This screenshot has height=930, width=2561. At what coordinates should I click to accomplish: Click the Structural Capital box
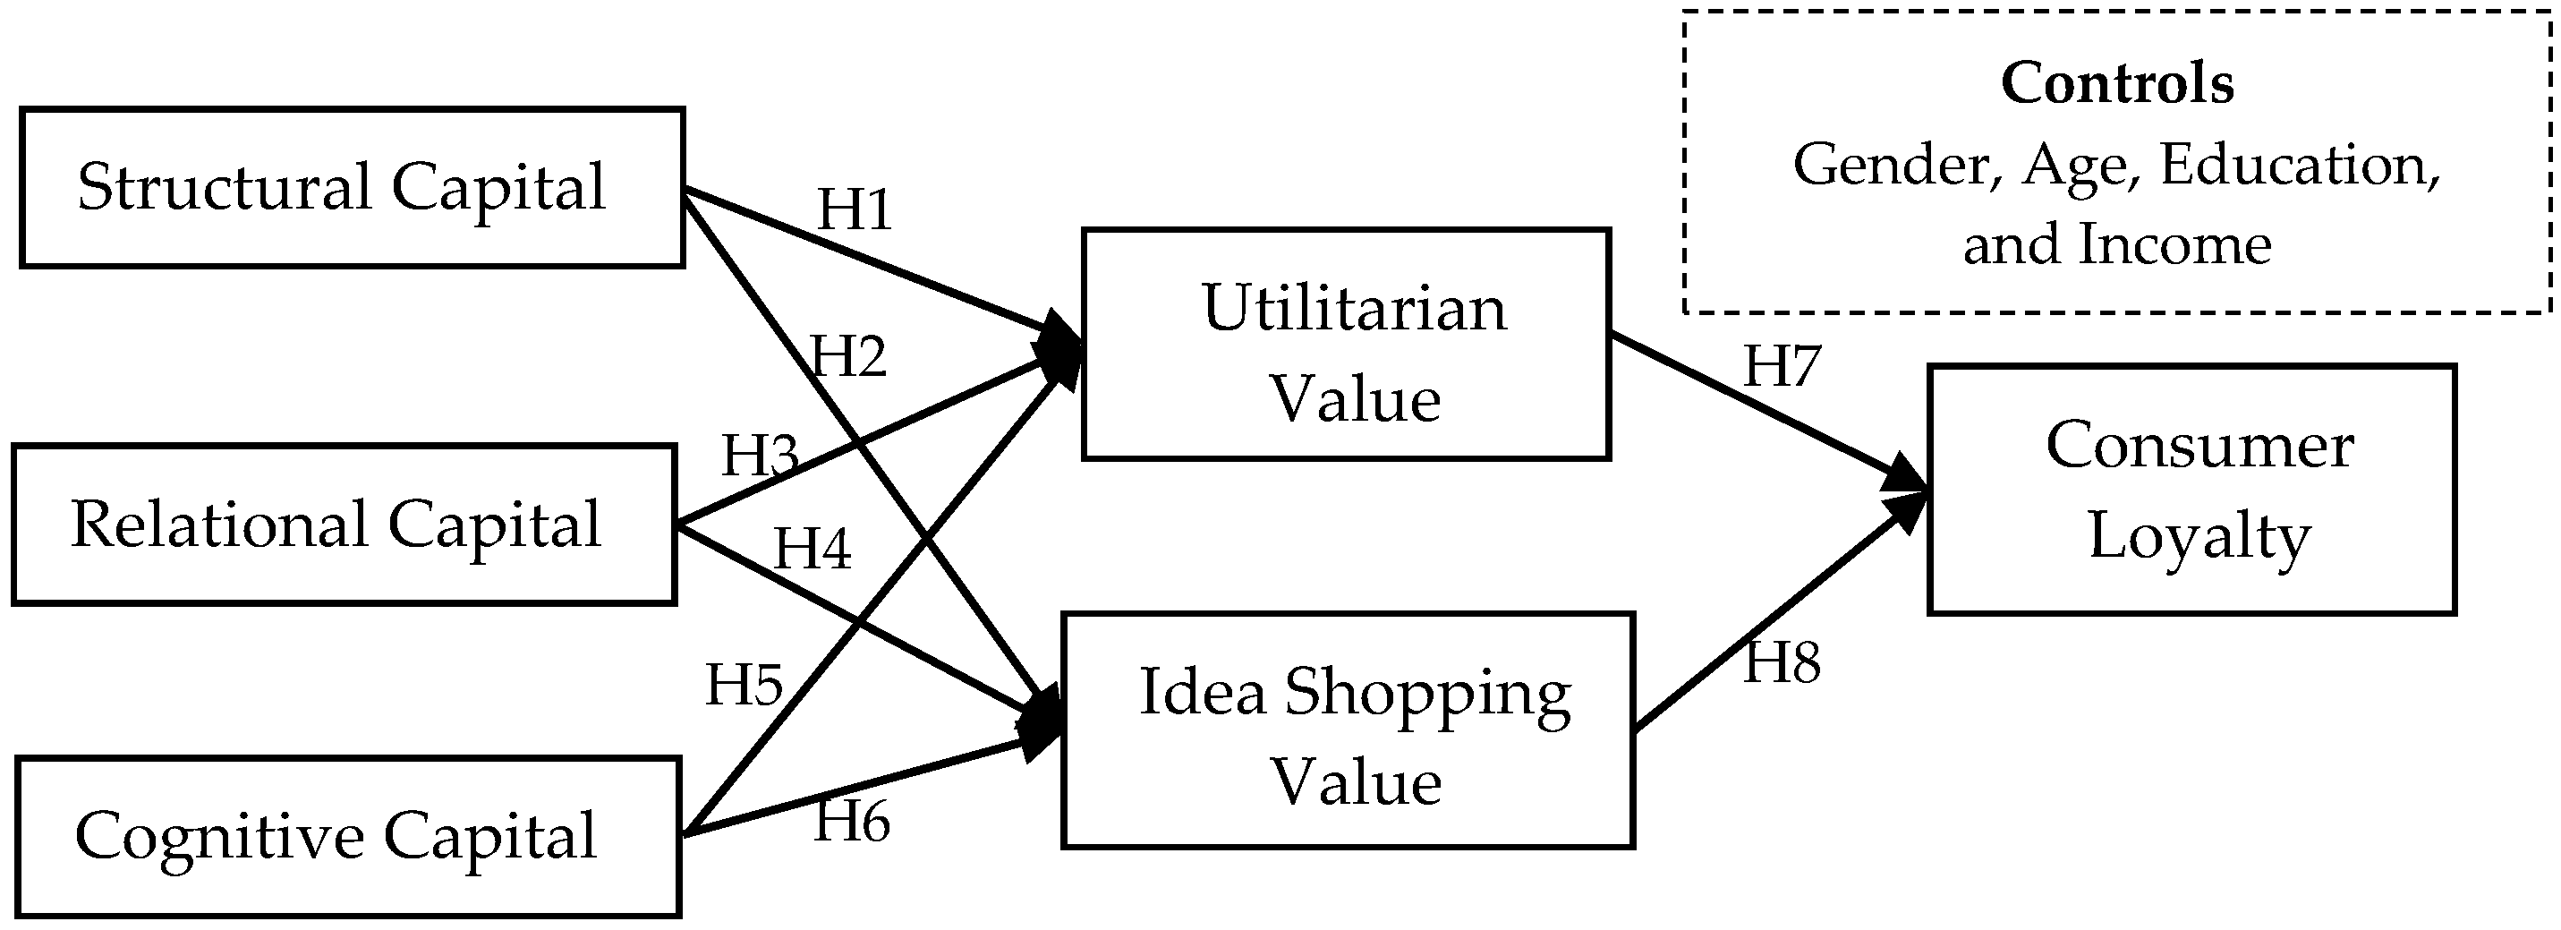352,188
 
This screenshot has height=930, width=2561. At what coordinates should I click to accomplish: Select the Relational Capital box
344,525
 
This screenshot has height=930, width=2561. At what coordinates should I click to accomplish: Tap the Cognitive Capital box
348,837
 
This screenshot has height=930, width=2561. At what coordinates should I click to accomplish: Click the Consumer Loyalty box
2191,491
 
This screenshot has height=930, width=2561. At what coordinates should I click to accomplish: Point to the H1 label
854,209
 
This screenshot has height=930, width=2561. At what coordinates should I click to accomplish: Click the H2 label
848,357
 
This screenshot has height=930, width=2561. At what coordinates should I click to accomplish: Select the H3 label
760,456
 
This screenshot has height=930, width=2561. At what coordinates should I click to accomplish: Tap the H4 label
813,549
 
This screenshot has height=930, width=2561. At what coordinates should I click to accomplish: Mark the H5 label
744,686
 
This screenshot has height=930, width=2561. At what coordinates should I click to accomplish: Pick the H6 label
852,823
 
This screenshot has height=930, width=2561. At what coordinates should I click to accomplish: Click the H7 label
1782,367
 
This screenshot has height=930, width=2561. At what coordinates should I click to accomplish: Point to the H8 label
1782,663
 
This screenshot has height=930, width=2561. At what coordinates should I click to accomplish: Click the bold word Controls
2116,83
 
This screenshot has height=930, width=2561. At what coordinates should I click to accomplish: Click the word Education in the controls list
2299,165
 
